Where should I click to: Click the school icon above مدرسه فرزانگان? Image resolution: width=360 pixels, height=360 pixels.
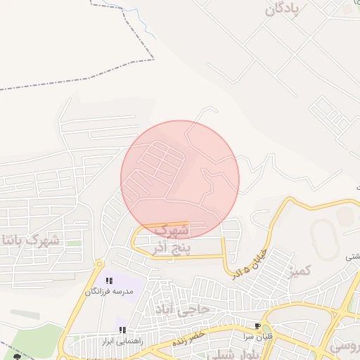coord(109,281)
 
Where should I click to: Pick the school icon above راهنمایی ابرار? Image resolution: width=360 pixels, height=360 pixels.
coord(122,330)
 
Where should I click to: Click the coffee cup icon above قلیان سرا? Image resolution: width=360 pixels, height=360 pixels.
coord(257,326)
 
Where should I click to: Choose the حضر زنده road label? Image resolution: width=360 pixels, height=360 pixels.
coord(188,337)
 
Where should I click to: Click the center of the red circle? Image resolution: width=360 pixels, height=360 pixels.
coord(180,180)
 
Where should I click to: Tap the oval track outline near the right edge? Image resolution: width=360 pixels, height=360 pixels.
coord(324,239)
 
